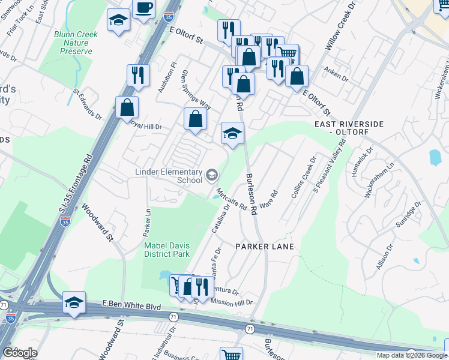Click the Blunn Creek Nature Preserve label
(76, 43)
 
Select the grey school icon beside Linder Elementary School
(211, 175)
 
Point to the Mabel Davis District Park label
(166, 249)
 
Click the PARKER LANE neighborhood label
(264, 247)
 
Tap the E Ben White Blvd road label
(131, 306)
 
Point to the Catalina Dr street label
(220, 220)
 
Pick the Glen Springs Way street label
(196, 89)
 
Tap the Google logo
(20, 353)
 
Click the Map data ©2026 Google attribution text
(411, 355)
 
